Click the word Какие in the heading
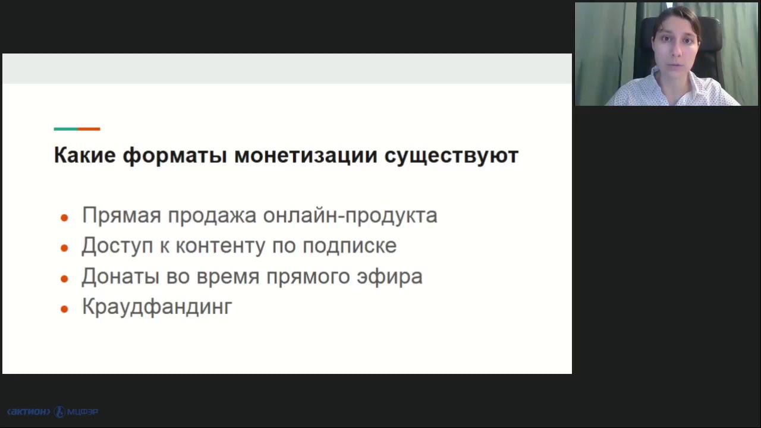(x=84, y=155)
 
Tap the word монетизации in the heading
(x=306, y=155)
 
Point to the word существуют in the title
(x=451, y=155)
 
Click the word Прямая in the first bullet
(x=121, y=215)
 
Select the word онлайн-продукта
(x=350, y=215)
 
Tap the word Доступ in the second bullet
(x=117, y=246)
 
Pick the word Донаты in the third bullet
(x=117, y=276)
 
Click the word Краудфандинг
(x=157, y=307)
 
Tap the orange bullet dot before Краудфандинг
(x=65, y=309)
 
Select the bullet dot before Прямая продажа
(x=65, y=218)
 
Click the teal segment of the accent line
(x=65, y=128)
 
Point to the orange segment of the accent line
(x=89, y=128)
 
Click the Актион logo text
(x=28, y=411)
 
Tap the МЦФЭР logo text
(x=82, y=411)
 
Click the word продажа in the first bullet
(x=212, y=215)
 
